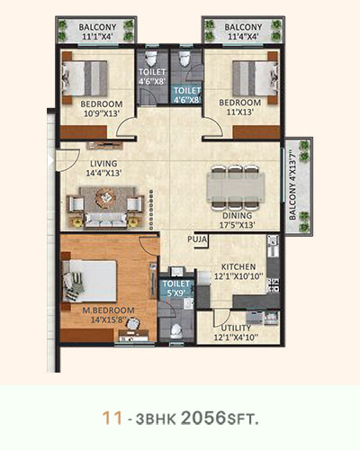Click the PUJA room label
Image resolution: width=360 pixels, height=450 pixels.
(x=197, y=239)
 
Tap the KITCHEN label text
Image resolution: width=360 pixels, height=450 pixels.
(x=238, y=266)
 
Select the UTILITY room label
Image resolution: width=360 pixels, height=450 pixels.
(x=236, y=328)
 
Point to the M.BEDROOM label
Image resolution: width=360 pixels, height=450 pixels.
(x=108, y=310)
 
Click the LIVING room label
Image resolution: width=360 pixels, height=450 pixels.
(x=103, y=164)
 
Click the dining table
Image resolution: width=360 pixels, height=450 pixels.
(x=236, y=186)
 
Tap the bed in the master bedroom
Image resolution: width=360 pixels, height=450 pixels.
(x=89, y=281)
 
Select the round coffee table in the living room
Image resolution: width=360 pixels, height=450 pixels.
(x=104, y=197)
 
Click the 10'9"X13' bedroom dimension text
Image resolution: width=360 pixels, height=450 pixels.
(x=101, y=113)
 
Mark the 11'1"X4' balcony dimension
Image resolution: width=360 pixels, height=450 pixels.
(x=97, y=37)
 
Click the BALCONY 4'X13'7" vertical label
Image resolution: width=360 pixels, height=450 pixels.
(x=293, y=186)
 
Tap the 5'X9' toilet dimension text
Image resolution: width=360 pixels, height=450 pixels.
(x=176, y=292)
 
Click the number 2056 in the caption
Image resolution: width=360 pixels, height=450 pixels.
(x=203, y=418)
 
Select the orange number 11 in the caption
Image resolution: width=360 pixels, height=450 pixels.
(x=112, y=418)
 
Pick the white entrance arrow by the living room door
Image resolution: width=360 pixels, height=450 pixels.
(x=50, y=161)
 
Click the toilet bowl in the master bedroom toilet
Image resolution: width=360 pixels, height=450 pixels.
(x=176, y=331)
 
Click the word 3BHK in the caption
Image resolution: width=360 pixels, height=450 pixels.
(x=156, y=419)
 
